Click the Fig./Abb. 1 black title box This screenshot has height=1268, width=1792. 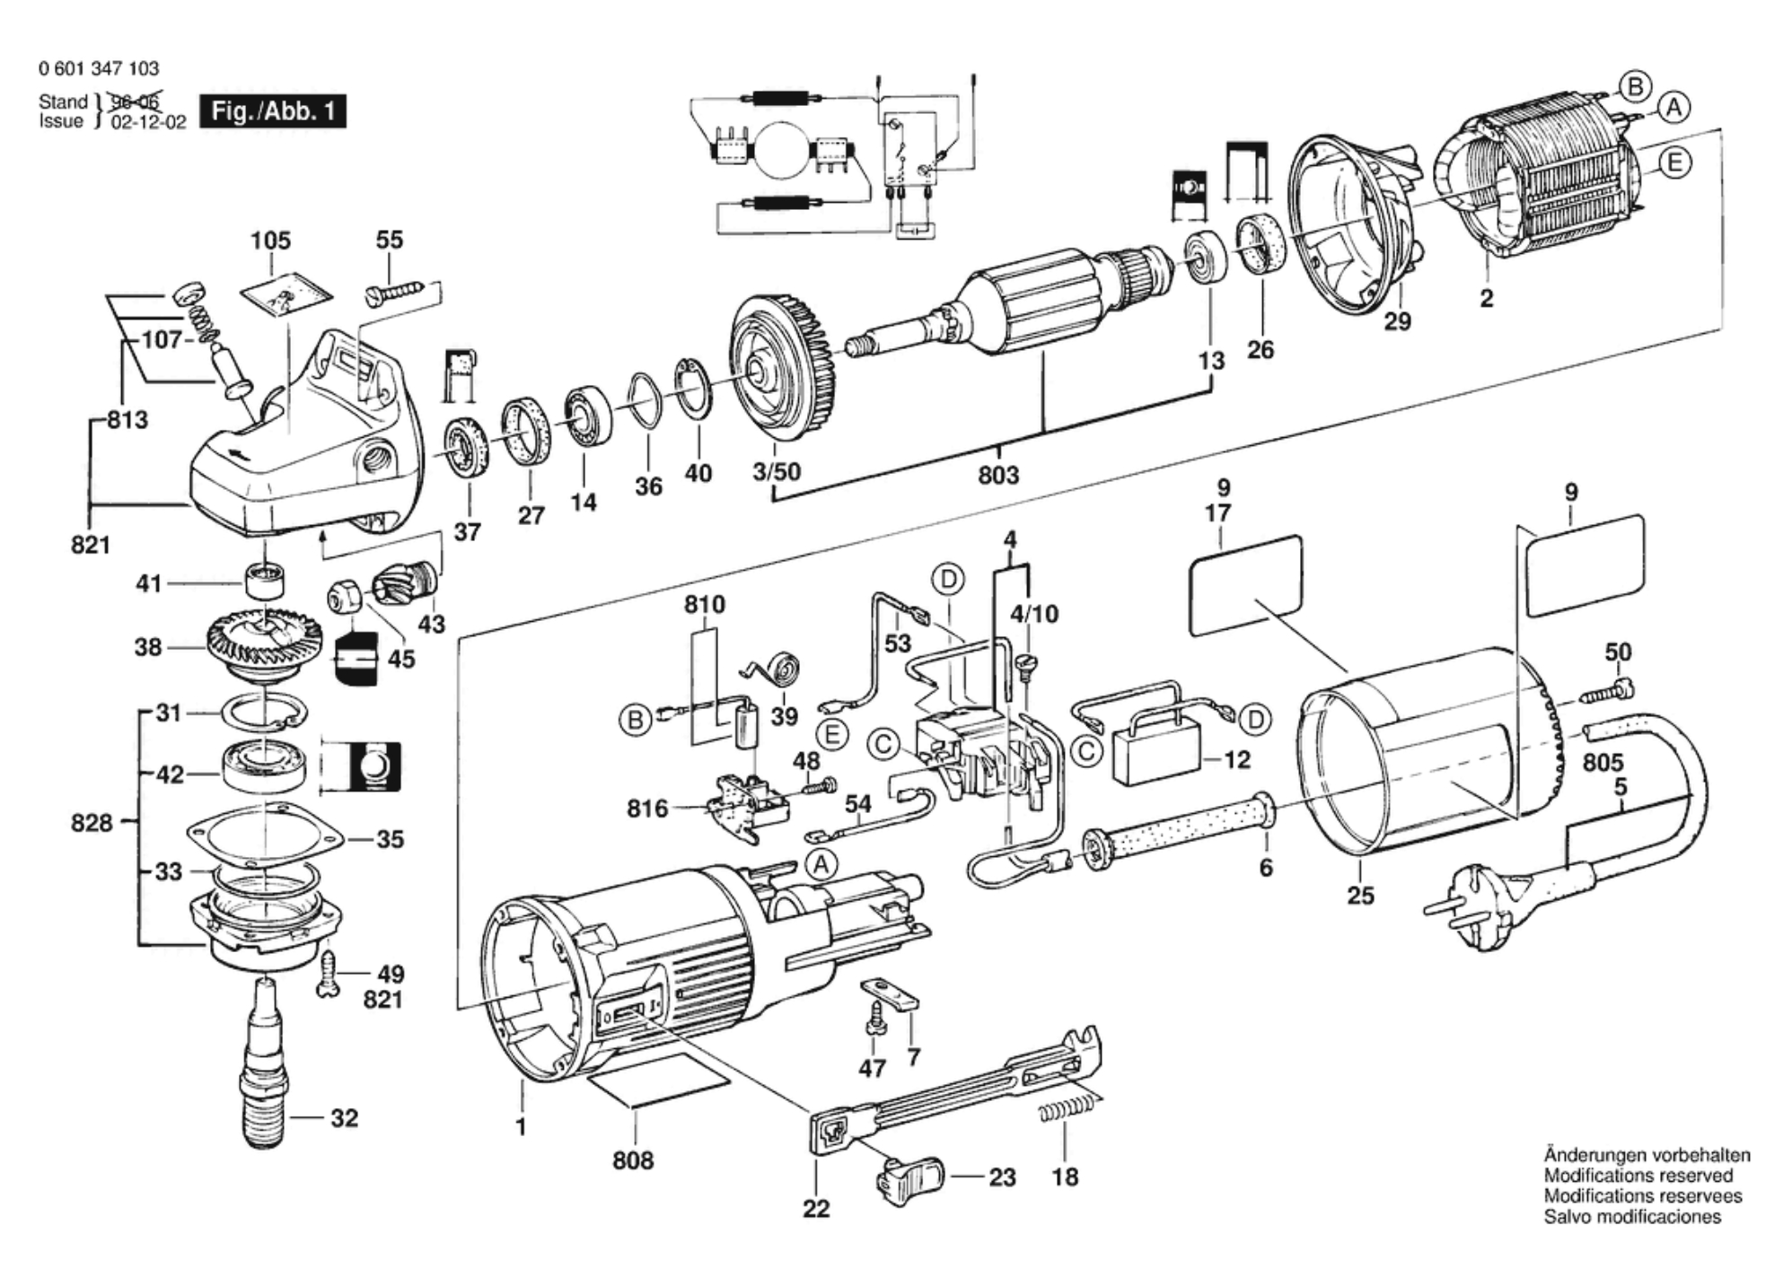pyautogui.click(x=272, y=112)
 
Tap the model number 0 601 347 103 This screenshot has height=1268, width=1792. pyautogui.click(x=99, y=69)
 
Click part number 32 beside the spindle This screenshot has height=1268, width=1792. pyautogui.click(x=344, y=1118)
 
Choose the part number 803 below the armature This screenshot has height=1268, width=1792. pyautogui.click(x=998, y=474)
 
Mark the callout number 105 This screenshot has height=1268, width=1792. pyautogui.click(x=270, y=240)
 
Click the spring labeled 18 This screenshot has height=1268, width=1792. pyautogui.click(x=1068, y=1113)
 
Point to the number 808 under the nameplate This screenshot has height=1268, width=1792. pyautogui.click(x=633, y=1160)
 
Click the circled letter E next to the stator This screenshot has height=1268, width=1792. pyautogui.click(x=1673, y=163)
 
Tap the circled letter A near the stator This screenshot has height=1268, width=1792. pyautogui.click(x=1673, y=109)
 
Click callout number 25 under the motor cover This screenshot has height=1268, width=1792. pyautogui.click(x=1360, y=895)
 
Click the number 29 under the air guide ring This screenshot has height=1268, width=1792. pyautogui.click(x=1397, y=320)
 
